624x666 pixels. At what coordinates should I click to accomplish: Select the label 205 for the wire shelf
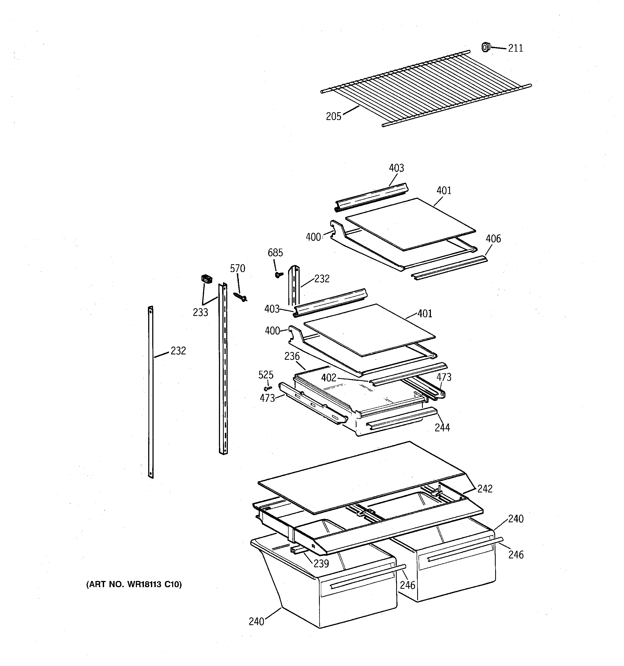(333, 116)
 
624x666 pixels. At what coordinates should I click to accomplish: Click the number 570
(237, 268)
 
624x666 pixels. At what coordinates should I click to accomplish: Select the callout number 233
(200, 312)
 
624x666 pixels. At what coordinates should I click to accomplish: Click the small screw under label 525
(268, 388)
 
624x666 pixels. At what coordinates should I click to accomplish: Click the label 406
(493, 239)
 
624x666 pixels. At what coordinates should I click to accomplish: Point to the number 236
(292, 356)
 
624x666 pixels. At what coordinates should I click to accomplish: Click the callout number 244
(442, 428)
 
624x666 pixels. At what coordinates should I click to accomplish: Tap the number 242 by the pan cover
(485, 489)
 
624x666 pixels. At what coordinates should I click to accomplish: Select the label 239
(321, 564)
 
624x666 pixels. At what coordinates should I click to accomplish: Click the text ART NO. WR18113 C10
(134, 584)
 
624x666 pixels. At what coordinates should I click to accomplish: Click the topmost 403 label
(396, 168)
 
